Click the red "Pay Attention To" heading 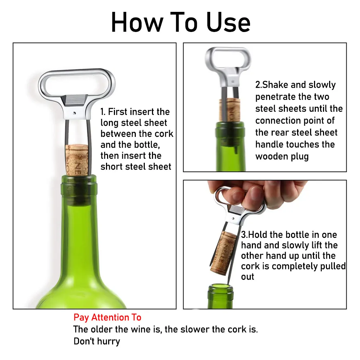pos(107,318)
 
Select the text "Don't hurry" pos(97,341)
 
